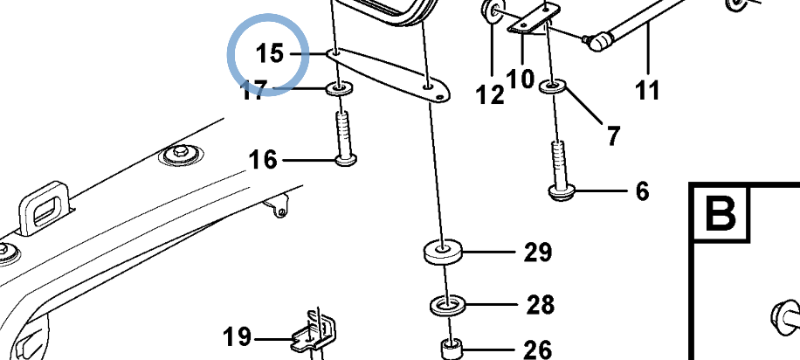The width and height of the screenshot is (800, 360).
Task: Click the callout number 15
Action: (x=269, y=53)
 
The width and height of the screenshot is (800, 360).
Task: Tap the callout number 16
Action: (x=263, y=160)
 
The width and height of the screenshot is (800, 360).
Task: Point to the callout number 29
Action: (x=538, y=252)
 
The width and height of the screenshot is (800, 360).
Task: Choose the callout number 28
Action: (x=541, y=304)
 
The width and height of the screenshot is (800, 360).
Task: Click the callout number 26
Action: (x=538, y=350)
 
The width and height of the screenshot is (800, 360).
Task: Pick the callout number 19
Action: (x=238, y=337)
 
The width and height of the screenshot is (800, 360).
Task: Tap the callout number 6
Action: (x=642, y=191)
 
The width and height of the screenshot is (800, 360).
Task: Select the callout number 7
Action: (x=613, y=135)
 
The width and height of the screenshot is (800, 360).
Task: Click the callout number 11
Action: (x=648, y=90)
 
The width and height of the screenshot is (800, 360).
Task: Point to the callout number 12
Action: (x=490, y=94)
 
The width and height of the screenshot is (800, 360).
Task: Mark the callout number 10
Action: (x=521, y=80)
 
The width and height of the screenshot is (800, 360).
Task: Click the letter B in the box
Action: (x=720, y=214)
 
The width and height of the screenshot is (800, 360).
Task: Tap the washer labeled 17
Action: (x=339, y=89)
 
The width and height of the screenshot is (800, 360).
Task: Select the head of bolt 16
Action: (x=345, y=160)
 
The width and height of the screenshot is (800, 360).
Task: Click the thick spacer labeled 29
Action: (x=443, y=253)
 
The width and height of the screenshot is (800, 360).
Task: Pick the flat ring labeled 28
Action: (x=448, y=305)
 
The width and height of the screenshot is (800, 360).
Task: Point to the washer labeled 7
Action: (x=553, y=86)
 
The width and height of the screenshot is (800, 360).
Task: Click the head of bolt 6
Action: (x=562, y=193)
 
